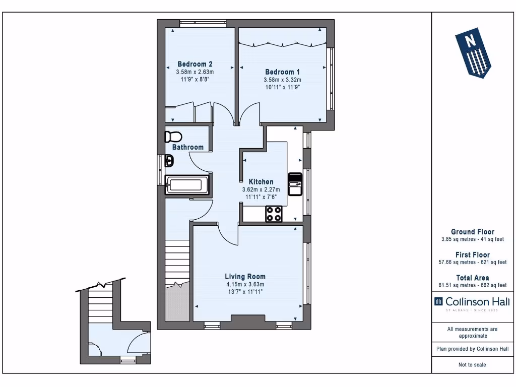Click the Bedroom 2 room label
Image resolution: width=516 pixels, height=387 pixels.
(195, 64)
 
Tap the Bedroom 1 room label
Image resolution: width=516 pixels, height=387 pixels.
(282, 72)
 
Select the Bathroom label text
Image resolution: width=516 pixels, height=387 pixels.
(188, 147)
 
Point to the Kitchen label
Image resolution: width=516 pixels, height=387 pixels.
(261, 182)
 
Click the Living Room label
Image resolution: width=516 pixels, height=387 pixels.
(245, 277)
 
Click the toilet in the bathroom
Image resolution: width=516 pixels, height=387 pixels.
(173, 137)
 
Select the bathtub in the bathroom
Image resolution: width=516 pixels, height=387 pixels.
(186, 185)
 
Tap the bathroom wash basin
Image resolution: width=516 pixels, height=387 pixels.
(170, 162)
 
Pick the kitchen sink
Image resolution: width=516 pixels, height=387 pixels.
(294, 184)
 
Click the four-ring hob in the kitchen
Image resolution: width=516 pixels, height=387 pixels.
(274, 214)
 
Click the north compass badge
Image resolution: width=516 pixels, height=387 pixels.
(473, 54)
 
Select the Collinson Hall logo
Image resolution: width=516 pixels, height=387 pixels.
(472, 302)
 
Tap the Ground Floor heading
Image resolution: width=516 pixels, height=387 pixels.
(473, 232)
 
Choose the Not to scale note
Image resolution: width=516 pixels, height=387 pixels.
(472, 365)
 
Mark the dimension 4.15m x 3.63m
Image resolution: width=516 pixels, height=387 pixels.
(245, 284)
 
